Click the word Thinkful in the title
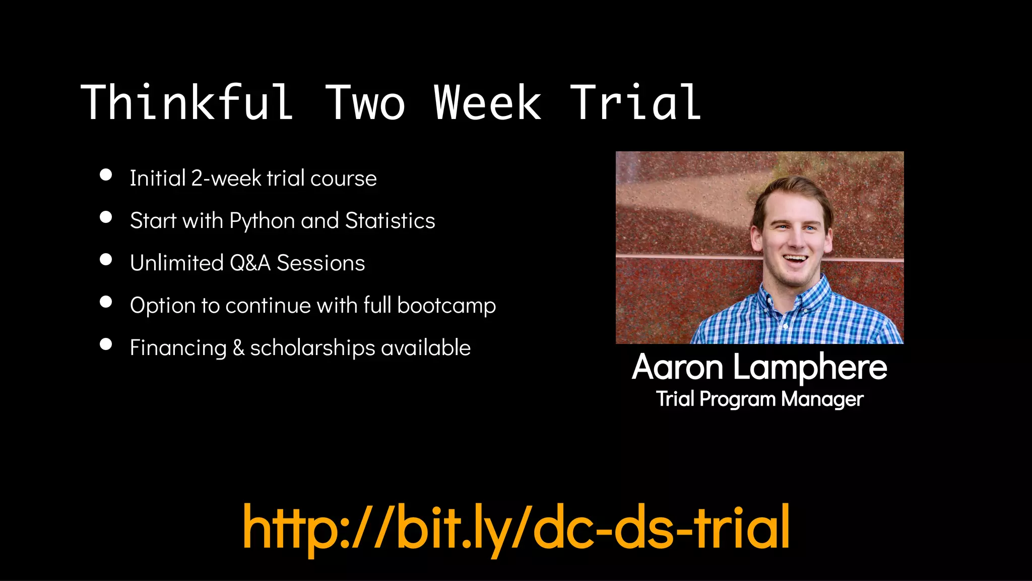(x=186, y=103)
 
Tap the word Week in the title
(x=487, y=103)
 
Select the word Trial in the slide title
(x=636, y=103)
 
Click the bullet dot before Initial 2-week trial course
(x=106, y=175)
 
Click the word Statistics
(x=390, y=221)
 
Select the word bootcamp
(x=446, y=306)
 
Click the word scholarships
(x=312, y=348)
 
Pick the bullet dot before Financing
(x=106, y=344)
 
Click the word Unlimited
(x=176, y=263)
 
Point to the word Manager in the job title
(x=822, y=399)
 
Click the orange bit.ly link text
(x=516, y=528)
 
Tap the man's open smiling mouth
(x=795, y=259)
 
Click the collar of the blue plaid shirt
(x=771, y=298)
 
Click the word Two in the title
(x=365, y=103)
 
